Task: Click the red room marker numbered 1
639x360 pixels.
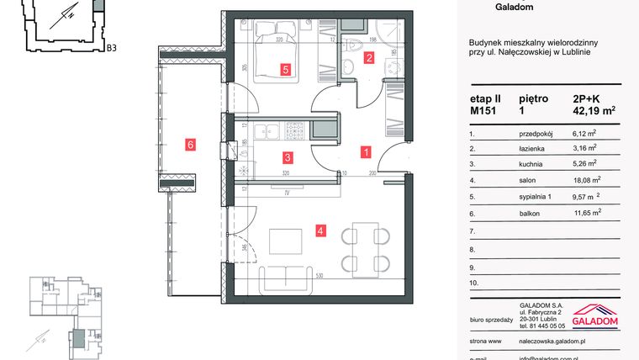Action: (x=367, y=153)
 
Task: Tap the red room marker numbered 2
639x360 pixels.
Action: (x=368, y=58)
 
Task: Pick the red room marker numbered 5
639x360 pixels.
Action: (x=286, y=71)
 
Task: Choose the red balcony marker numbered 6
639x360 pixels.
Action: (x=191, y=145)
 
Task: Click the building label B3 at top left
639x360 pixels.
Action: (x=111, y=48)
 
